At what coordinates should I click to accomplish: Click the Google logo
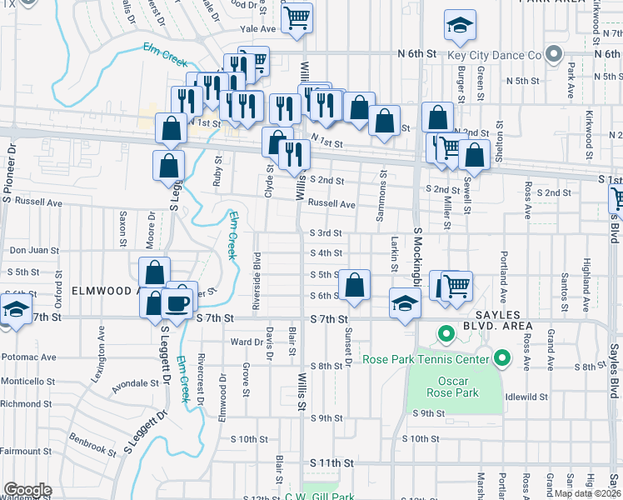(27, 490)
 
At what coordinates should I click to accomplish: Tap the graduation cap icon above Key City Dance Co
(459, 27)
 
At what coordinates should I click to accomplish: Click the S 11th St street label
(332, 462)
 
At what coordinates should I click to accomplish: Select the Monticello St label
(27, 379)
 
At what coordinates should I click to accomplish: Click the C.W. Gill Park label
(321, 497)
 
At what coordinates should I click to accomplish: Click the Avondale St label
(136, 383)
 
